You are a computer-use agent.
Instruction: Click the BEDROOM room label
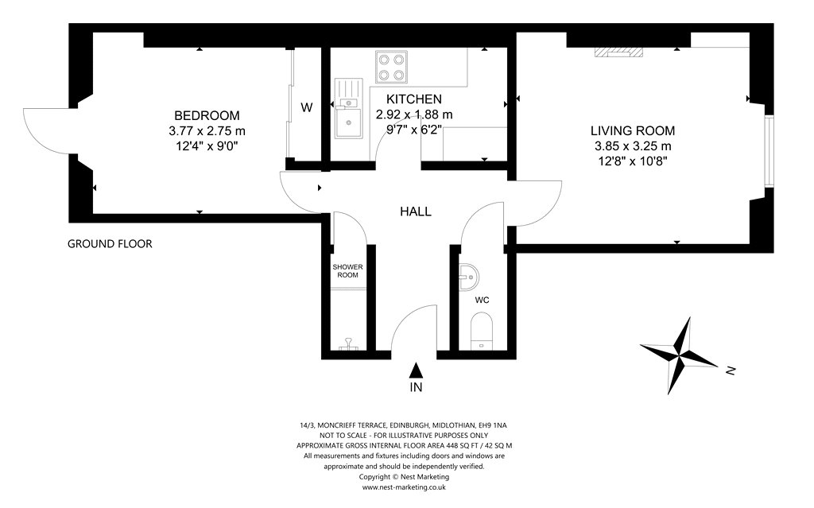(x=207, y=115)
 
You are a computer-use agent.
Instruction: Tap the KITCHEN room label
(x=413, y=99)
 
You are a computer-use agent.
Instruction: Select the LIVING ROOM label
(x=633, y=131)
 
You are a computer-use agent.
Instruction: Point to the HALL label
(x=415, y=211)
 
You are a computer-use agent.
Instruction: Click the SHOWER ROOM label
(x=348, y=271)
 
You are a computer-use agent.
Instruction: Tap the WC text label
(x=482, y=301)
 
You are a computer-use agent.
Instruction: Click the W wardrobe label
(x=307, y=107)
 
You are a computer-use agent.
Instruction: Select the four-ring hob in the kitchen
(x=391, y=67)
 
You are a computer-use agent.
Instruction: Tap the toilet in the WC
(x=481, y=331)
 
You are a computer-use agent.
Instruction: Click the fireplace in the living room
(x=618, y=52)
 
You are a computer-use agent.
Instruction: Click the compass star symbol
(x=679, y=355)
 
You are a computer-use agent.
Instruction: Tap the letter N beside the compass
(x=731, y=371)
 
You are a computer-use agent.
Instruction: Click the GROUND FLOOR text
(x=110, y=243)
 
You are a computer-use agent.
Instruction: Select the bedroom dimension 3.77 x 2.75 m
(x=207, y=131)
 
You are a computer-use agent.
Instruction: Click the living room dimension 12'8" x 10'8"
(x=633, y=161)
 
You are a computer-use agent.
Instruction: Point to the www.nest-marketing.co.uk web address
(x=404, y=487)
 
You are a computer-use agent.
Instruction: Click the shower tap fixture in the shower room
(x=348, y=343)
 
